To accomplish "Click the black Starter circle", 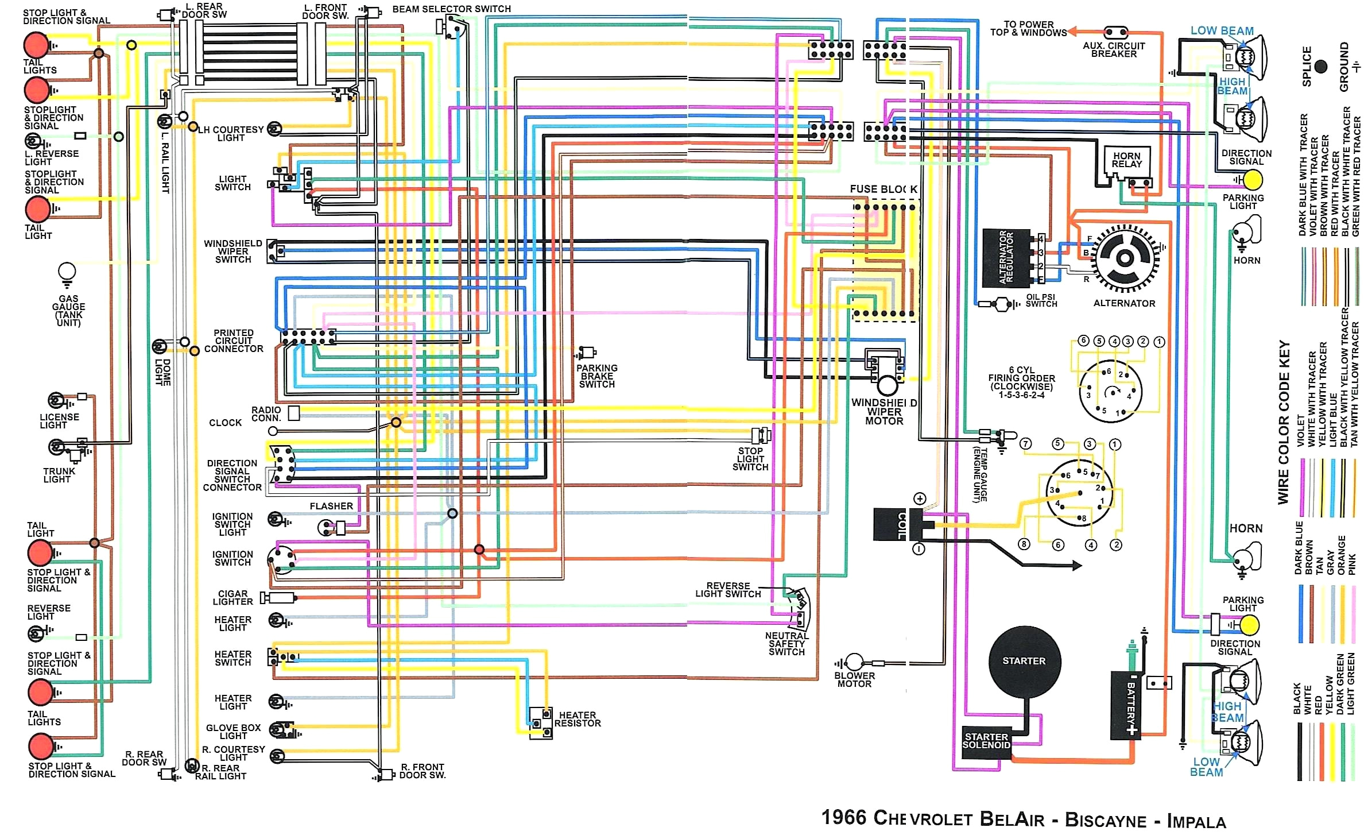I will point(1024,661).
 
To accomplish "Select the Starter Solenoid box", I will point(986,741).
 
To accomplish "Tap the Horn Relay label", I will point(1126,160).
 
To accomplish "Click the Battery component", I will point(1125,703).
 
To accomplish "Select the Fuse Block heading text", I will point(883,189).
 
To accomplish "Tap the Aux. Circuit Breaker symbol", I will point(1115,32).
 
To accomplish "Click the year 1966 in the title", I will point(844,817).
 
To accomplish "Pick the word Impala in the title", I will point(1196,821).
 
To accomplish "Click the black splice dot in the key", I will point(1321,67).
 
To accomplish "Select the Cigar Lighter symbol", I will point(278,598).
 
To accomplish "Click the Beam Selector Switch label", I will point(451,9).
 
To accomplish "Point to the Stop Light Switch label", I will point(750,459).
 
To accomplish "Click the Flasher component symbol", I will point(333,527).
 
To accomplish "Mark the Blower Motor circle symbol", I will point(854,662).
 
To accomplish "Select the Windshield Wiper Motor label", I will point(884,412).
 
